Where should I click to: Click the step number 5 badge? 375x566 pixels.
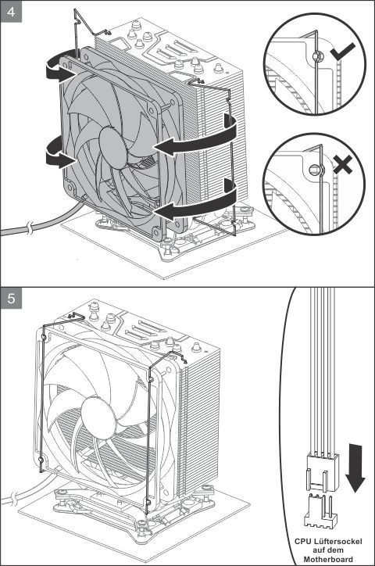pos(10,298)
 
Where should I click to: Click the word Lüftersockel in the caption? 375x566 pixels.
pos(337,541)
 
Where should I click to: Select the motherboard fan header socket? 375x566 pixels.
pos(319,511)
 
